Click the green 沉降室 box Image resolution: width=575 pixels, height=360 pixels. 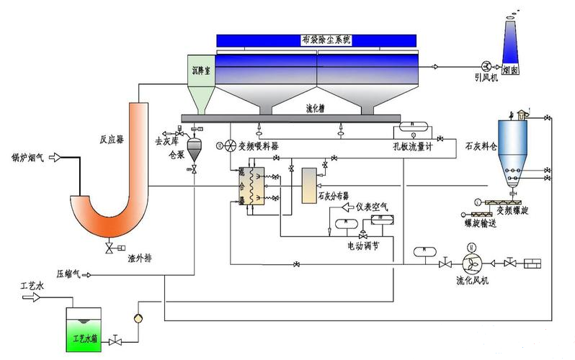(x=201, y=73)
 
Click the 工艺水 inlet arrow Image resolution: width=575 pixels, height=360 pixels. (x=31, y=295)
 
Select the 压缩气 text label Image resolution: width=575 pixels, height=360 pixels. (x=69, y=274)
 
